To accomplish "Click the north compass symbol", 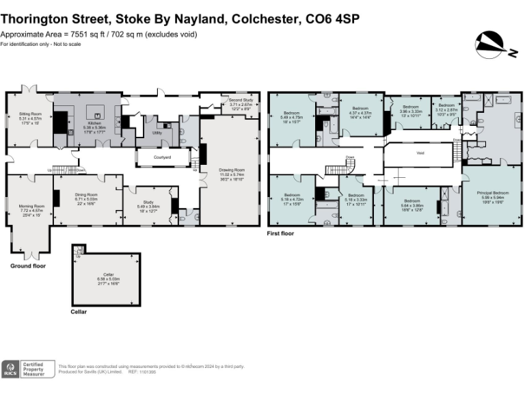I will point(491,44).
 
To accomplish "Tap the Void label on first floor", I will point(420,153).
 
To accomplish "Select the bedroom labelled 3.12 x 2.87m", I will point(447,111).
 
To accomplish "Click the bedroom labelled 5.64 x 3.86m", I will point(412,204).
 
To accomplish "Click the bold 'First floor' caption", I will point(284,234).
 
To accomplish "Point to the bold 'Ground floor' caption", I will point(27,265).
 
